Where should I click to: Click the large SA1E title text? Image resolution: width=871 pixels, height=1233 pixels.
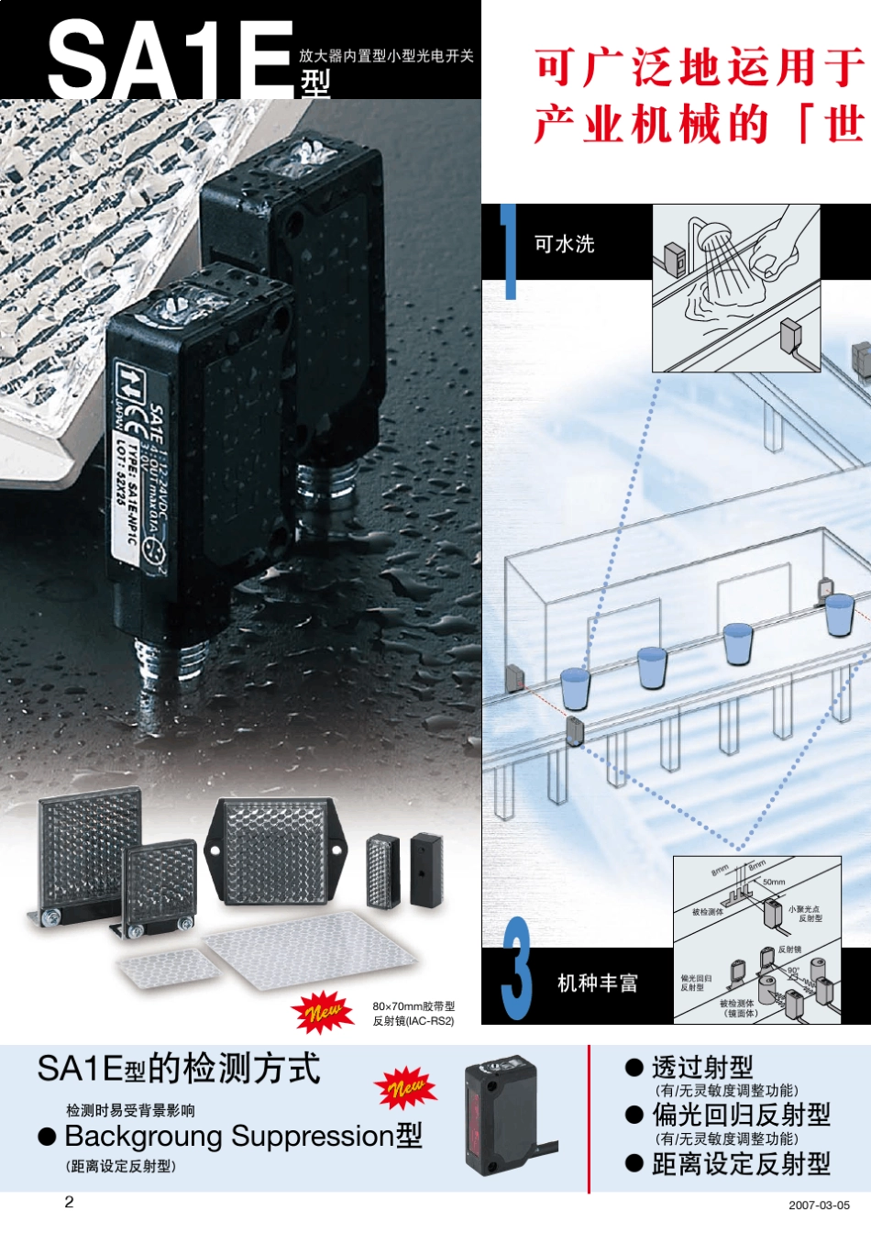(x=170, y=57)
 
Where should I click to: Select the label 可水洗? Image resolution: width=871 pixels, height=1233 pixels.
(x=564, y=244)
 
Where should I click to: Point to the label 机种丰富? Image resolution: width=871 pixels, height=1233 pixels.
(x=597, y=983)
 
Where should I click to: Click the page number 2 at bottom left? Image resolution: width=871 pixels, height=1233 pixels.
(x=69, y=1202)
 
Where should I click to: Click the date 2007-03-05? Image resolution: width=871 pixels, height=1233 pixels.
(x=819, y=1205)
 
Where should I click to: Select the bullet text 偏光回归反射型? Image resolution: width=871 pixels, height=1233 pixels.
(x=740, y=1115)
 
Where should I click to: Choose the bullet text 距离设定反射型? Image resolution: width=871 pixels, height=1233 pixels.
(x=740, y=1164)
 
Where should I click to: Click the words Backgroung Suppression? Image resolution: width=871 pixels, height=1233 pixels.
(x=229, y=1137)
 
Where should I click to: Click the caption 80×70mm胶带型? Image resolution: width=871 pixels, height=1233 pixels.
(x=413, y=1006)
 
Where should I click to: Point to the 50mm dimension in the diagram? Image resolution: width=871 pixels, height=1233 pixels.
(x=774, y=882)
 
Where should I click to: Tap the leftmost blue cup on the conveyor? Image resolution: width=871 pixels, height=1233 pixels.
(x=575, y=687)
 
